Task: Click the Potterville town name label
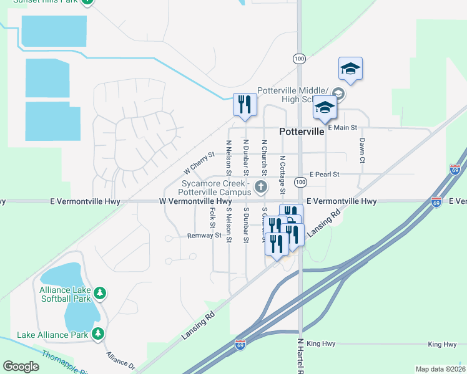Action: [302, 132]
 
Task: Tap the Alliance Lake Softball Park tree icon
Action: [99, 292]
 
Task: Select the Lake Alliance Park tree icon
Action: [97, 335]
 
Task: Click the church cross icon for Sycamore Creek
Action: [261, 186]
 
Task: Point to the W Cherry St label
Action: [199, 163]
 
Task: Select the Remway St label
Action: [204, 236]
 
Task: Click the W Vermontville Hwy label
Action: [195, 201]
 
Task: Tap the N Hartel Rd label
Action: [300, 356]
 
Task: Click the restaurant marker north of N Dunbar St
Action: [244, 105]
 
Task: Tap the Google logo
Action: [21, 367]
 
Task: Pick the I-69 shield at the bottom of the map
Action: [240, 344]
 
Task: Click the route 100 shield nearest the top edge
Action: [299, 58]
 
